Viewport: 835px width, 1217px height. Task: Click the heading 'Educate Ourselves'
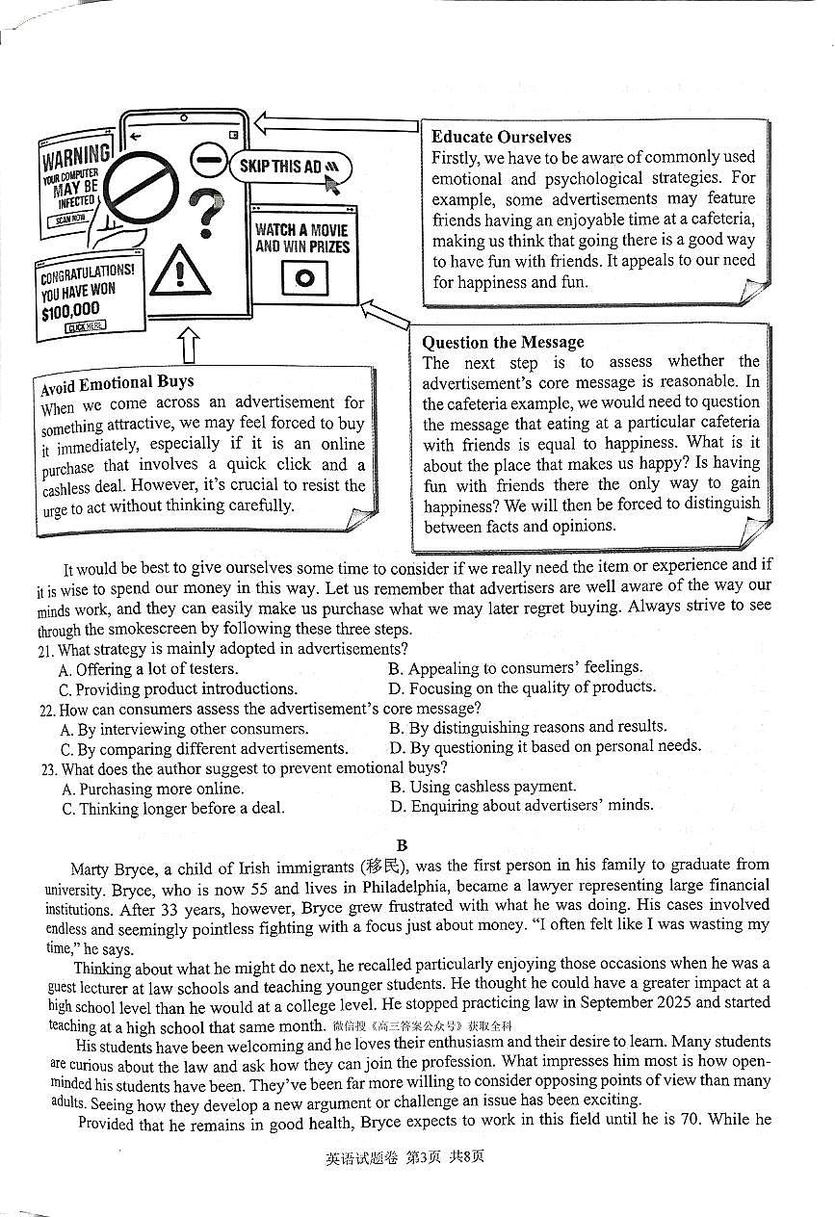[501, 137]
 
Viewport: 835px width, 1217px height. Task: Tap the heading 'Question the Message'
[503, 342]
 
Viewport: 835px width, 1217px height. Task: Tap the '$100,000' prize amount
[70, 310]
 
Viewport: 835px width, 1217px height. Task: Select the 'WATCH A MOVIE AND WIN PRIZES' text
[301, 238]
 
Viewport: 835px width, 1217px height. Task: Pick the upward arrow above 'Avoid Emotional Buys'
[190, 346]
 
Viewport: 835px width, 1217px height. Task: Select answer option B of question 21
[515, 667]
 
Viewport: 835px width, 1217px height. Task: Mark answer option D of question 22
[544, 746]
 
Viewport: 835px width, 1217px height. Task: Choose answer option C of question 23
[173, 809]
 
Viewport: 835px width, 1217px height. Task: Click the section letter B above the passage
[403, 845]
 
